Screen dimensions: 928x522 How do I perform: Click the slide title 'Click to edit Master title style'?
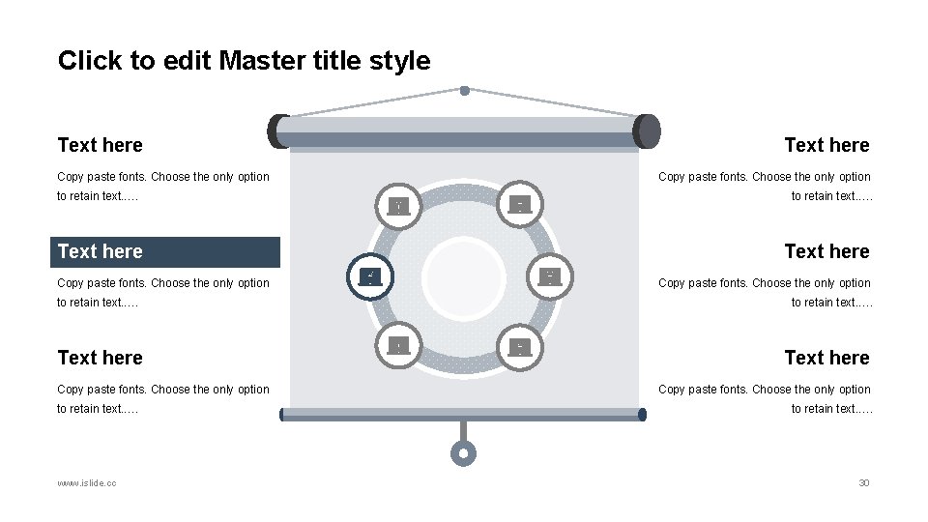(244, 61)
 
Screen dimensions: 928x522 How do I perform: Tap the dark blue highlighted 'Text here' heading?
(101, 252)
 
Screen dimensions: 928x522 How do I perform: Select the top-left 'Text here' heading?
(101, 146)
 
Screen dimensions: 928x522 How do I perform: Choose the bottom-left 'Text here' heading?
(101, 359)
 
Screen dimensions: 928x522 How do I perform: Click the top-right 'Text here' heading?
(826, 146)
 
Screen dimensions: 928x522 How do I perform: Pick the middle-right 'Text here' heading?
(826, 252)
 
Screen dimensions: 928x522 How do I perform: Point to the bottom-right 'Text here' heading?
(826, 359)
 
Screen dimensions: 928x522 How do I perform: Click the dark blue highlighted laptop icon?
(370, 277)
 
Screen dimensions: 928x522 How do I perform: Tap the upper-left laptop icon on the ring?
(398, 205)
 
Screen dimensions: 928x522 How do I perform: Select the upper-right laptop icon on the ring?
(520, 204)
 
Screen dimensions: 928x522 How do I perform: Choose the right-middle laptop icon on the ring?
(549, 277)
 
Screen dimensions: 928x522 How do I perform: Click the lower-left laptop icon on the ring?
(398, 346)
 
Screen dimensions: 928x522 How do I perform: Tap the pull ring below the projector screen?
(464, 452)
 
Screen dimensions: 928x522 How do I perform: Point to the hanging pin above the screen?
(464, 91)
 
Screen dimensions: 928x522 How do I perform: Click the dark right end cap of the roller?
(649, 130)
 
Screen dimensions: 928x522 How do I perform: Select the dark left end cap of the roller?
(277, 130)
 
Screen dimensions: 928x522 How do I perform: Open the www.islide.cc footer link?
(87, 482)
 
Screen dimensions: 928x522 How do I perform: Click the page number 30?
(864, 482)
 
